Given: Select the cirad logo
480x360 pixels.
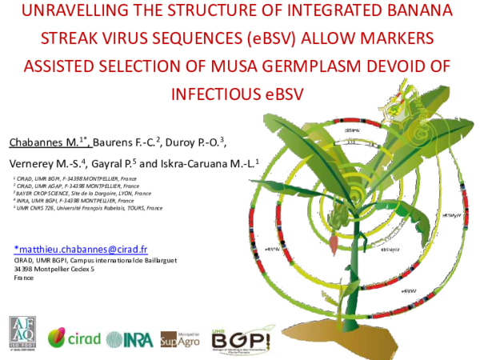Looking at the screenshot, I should (x=75, y=338).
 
